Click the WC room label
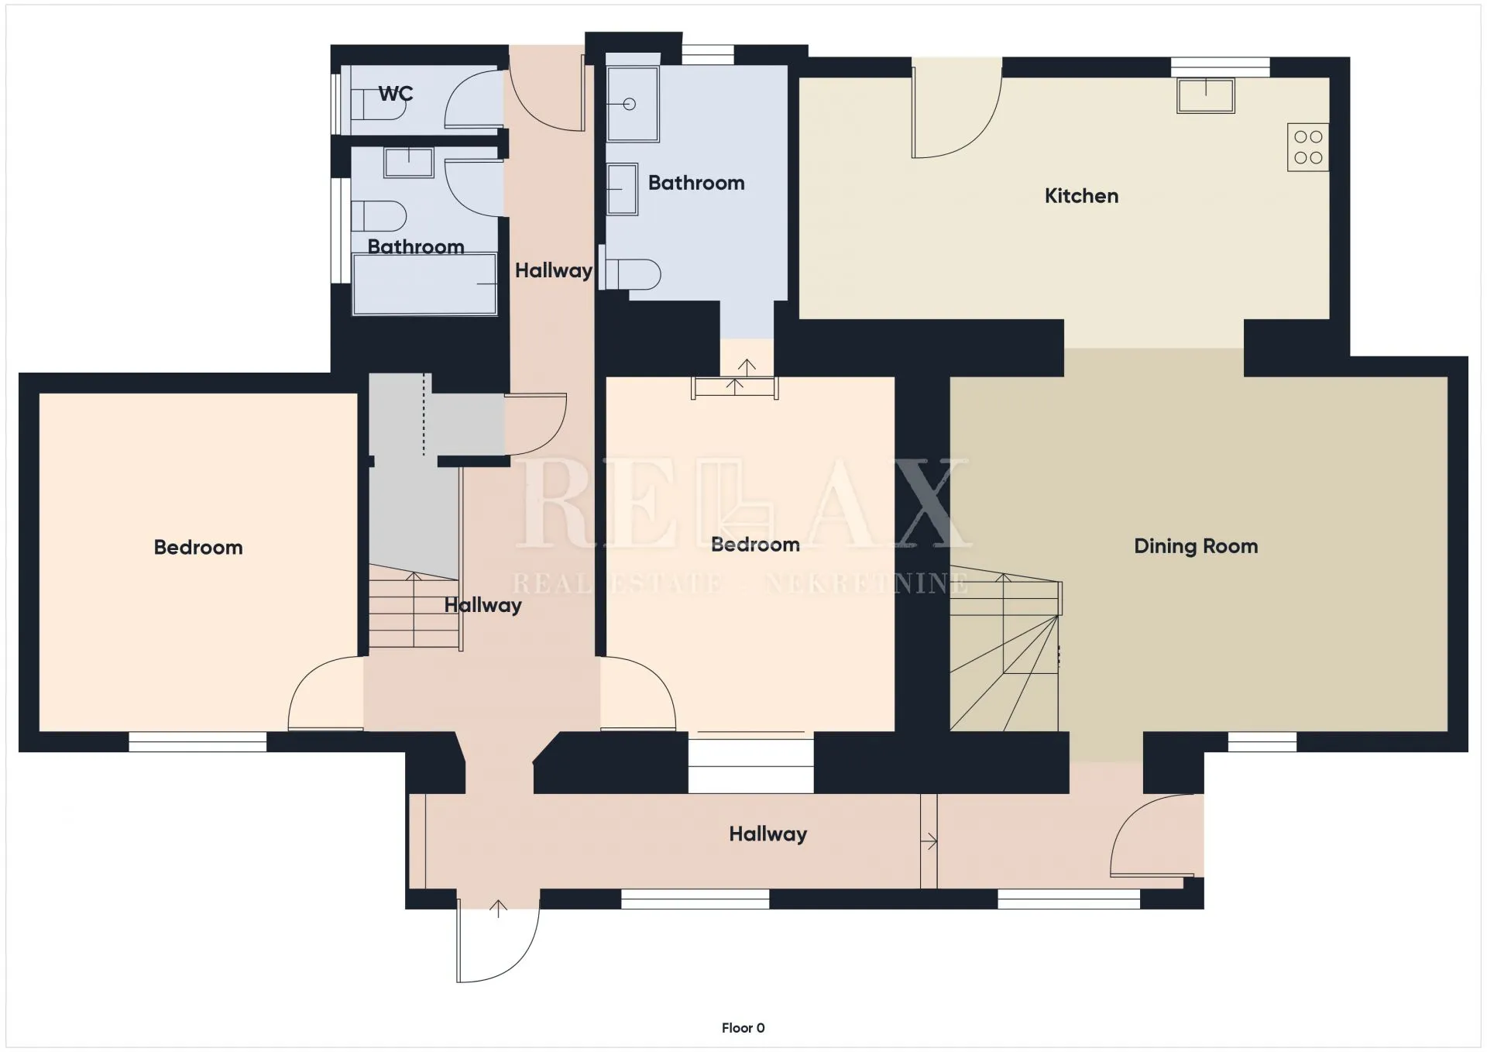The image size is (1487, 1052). pos(395,94)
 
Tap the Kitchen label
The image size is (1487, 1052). pos(1081,196)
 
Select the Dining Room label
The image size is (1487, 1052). pos(1196,546)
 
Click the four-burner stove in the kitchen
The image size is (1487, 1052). pos(1308,147)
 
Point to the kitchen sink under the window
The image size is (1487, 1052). pos(1205,96)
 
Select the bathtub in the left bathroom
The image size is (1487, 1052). pos(424,284)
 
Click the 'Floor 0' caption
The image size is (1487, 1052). pos(743,1028)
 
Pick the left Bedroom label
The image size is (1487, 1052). pos(198,548)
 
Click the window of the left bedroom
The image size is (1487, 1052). pos(197,742)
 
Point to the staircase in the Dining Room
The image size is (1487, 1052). pos(1005,649)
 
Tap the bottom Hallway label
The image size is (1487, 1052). pos(768,834)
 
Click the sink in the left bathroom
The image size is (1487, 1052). pos(409,163)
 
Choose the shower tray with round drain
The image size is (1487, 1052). pos(633,104)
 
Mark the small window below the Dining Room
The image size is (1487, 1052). pos(1262,742)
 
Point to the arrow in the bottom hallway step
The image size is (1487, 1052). pos(930,841)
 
